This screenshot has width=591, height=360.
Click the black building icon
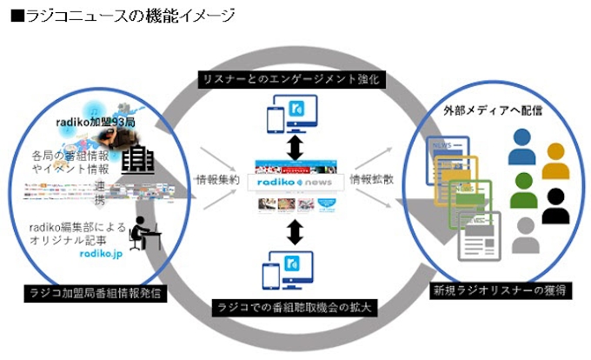137,159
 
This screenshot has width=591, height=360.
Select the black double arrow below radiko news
295,230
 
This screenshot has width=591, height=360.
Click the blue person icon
521,149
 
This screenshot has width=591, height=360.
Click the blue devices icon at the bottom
295,270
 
